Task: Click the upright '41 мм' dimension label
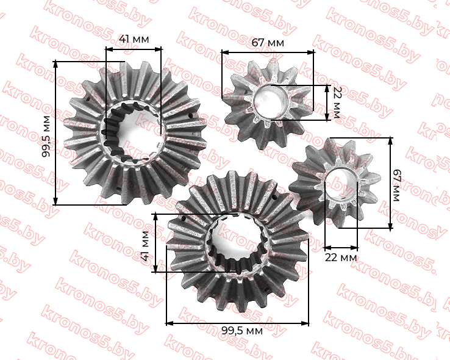click(x=134, y=39)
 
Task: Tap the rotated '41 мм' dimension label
click(x=146, y=246)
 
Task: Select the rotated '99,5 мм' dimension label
click(x=46, y=136)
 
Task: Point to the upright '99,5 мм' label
click(x=242, y=331)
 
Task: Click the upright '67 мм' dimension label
click(x=268, y=43)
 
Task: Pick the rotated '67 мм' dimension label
click(x=396, y=185)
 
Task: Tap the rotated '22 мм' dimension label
click(x=336, y=103)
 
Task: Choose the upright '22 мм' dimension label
click(x=341, y=257)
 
